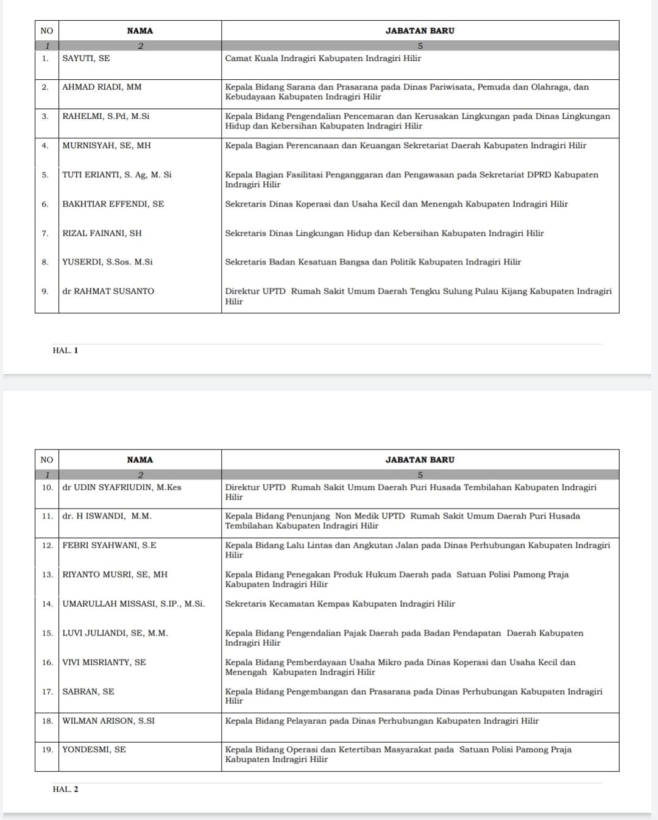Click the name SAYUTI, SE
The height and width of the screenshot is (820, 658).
[x=87, y=58]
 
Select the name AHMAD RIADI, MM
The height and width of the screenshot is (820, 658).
[x=102, y=87]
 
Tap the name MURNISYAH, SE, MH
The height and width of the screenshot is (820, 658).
[x=107, y=146]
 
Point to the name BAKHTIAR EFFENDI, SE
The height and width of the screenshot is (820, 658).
[x=113, y=204]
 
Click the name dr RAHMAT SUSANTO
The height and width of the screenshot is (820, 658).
[x=108, y=291]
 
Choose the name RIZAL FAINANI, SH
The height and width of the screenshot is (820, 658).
[x=102, y=233]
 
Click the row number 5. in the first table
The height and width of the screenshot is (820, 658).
[x=45, y=175]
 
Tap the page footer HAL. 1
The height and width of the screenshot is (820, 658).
[x=65, y=350]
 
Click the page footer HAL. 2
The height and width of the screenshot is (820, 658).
[x=65, y=789]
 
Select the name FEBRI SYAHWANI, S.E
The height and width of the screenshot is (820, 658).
[x=110, y=545]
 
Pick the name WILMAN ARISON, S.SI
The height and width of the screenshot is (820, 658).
[x=108, y=721]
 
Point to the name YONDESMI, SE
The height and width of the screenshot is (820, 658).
[x=94, y=749]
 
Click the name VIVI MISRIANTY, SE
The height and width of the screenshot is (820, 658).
[x=104, y=662]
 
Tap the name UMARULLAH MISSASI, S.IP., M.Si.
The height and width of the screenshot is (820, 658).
[x=133, y=604]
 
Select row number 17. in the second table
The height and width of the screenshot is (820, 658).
[x=48, y=691]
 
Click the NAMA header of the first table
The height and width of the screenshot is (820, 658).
[x=140, y=30]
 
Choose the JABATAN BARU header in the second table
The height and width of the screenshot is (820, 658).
[x=420, y=460]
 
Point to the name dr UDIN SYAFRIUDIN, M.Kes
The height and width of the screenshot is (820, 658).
[x=122, y=487]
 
